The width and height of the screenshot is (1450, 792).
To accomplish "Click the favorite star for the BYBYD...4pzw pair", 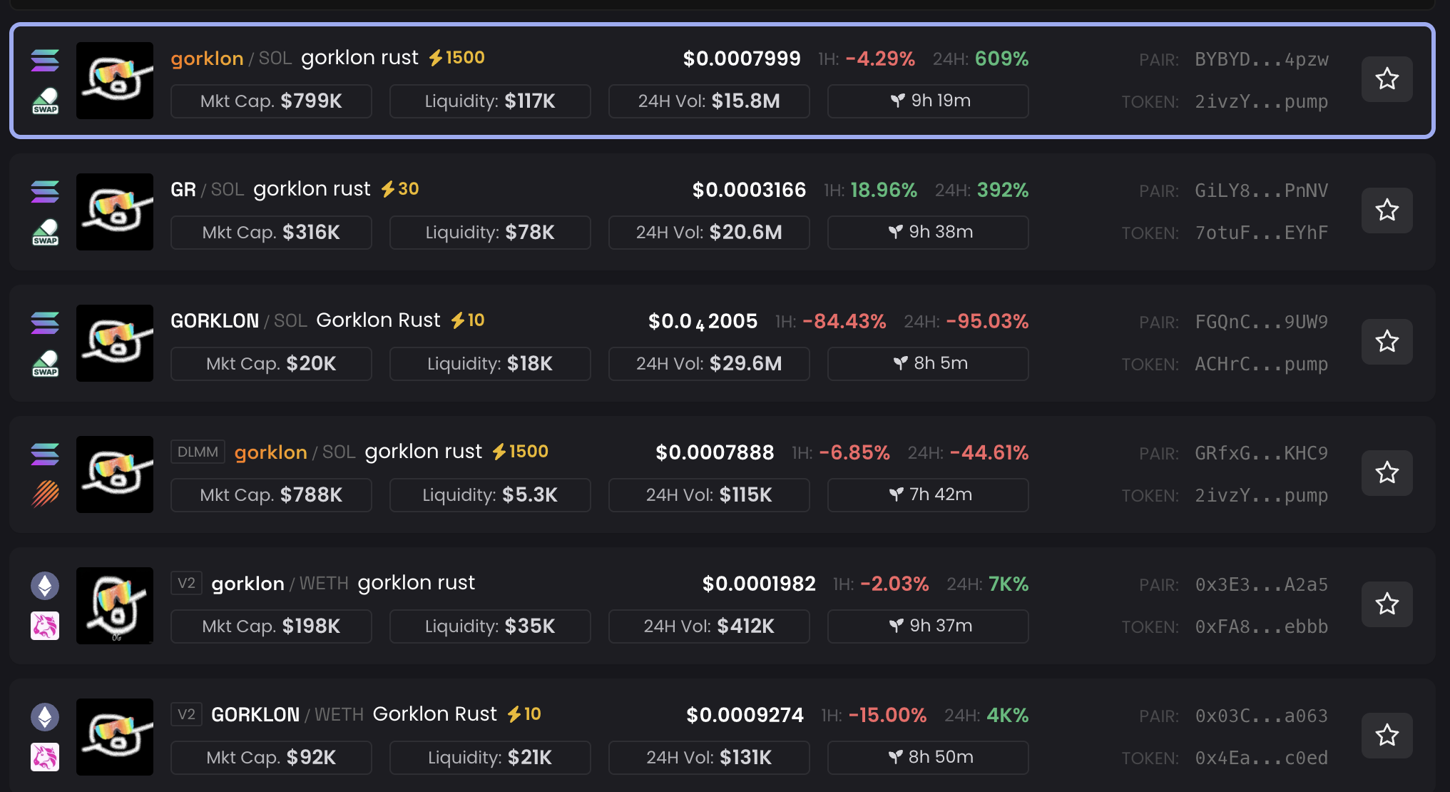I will [1387, 78].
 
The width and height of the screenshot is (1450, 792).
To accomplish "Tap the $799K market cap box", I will [271, 101].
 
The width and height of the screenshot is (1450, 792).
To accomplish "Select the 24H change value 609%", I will [1001, 59].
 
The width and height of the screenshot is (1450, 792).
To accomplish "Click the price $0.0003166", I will [749, 191].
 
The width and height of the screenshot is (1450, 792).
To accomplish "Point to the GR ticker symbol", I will [183, 190].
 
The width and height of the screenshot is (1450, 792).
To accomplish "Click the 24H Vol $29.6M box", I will [709, 364].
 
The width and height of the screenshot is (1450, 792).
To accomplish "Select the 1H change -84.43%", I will [844, 322].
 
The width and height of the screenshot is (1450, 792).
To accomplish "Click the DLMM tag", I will [198, 452].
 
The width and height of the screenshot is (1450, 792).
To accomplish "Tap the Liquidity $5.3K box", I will [490, 495].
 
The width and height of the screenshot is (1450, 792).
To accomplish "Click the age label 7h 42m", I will [928, 495].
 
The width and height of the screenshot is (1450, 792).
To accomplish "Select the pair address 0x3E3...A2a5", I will [1261, 585].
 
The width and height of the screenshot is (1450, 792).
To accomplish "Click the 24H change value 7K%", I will [1008, 584].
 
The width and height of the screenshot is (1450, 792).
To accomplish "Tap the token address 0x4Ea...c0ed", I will [1261, 758].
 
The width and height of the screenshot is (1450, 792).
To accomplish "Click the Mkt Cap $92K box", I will [271, 758].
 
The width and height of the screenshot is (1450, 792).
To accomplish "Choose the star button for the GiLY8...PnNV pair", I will [1387, 210].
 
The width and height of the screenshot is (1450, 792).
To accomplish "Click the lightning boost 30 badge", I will [400, 189].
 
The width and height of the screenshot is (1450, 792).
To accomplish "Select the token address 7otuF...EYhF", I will [1261, 233].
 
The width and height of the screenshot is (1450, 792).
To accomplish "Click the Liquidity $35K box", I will [490, 626].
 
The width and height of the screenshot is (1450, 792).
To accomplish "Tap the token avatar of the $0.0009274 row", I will [115, 737].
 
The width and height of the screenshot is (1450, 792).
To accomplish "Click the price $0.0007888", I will [715, 453].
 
